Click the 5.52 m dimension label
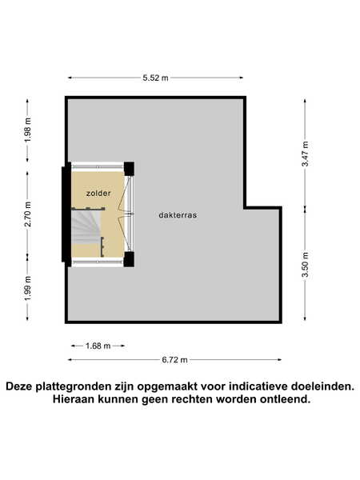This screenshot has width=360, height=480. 155,78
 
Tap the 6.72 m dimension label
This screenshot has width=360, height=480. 174,360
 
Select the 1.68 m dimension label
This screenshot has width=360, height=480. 98,346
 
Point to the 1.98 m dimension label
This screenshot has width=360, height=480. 28,130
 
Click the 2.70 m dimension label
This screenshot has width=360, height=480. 28,214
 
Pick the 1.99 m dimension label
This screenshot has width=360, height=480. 28,288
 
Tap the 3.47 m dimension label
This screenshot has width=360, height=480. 306,154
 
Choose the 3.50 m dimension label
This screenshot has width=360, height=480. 306,265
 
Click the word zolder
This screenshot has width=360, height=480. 98,193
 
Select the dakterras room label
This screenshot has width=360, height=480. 178,215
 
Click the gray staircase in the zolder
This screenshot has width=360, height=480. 86,226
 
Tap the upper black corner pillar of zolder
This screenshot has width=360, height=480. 129,169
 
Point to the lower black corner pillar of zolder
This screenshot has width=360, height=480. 129,259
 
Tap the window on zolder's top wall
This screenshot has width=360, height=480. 98,167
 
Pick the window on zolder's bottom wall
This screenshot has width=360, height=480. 98,262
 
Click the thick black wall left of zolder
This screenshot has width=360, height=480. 66,214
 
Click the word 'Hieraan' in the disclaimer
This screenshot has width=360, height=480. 73,399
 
